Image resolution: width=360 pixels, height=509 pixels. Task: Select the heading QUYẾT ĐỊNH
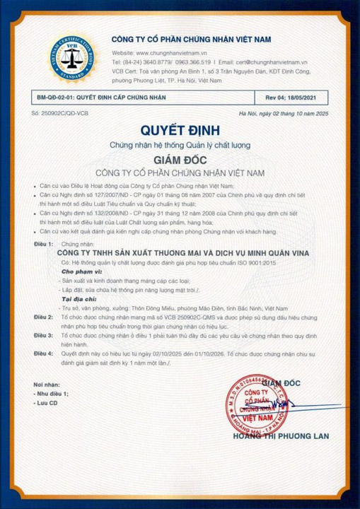[180, 130]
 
